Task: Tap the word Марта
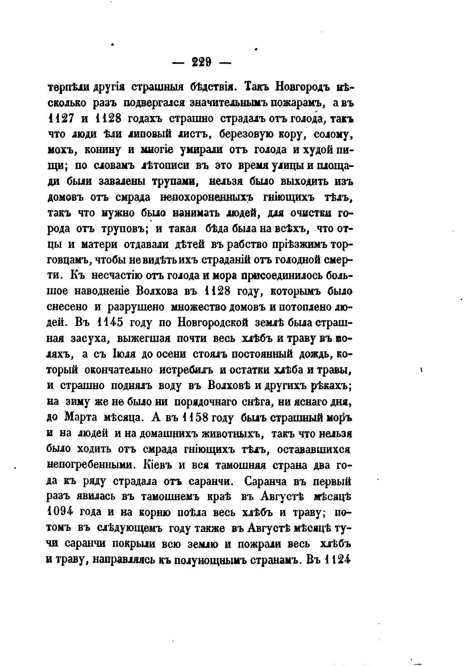coord(81,417)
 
